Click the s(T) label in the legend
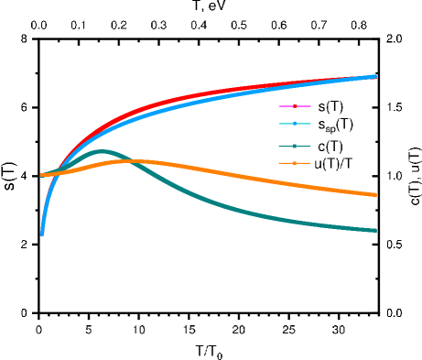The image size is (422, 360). (330, 107)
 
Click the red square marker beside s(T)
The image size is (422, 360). (296, 107)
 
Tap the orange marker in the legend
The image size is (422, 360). (296, 164)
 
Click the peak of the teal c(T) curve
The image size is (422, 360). (103, 151)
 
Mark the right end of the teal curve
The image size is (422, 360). (375, 230)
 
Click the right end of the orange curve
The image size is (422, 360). (375, 194)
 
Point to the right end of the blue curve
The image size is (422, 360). (375, 77)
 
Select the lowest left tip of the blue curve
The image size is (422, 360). (42, 234)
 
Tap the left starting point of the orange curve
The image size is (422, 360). (42, 174)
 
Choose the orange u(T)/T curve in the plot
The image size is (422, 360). (275, 178)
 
